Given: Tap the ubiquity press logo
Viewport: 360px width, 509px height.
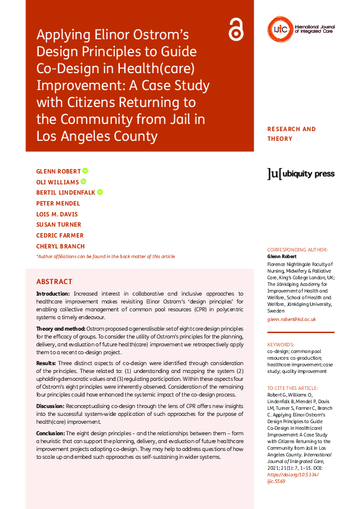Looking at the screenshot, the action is coord(301,174).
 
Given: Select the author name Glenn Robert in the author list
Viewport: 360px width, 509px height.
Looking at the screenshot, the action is coord(59,171).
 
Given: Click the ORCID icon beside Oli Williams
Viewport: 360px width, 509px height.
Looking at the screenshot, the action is coord(83,181).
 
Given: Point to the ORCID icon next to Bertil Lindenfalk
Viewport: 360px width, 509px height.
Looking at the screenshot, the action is coord(100,192).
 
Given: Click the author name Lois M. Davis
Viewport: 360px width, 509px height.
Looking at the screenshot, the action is coord(57,214).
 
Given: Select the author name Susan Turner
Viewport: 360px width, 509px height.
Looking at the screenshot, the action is coord(59,225).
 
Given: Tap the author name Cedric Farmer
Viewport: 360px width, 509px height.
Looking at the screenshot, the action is coord(60,235).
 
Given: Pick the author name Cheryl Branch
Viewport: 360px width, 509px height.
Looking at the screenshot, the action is coord(61,246).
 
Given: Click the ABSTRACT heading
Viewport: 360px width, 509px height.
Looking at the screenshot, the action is coord(54,282).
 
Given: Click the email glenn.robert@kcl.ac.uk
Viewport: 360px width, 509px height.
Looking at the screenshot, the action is coord(291,319).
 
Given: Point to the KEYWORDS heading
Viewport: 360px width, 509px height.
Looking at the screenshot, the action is coord(281,344).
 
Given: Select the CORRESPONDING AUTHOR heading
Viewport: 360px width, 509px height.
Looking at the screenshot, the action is coord(297,250).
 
